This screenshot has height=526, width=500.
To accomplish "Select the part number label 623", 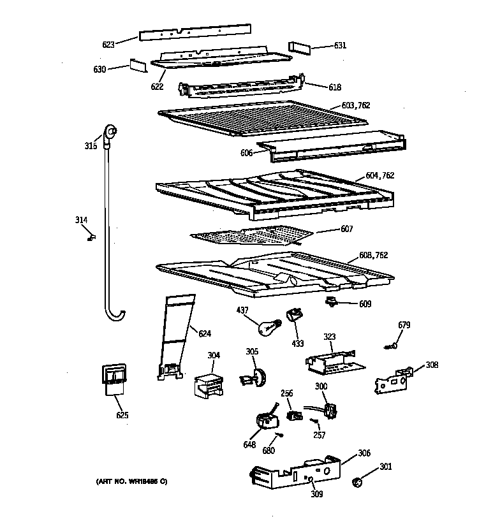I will point(108,45).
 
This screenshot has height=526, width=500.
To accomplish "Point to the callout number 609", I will point(365,304).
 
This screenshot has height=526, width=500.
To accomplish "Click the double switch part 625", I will point(113,380).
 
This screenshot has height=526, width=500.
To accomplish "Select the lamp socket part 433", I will point(295,314).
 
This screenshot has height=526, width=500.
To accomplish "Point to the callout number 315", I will point(91,146).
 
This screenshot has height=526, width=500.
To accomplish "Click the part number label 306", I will point(364,453).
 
